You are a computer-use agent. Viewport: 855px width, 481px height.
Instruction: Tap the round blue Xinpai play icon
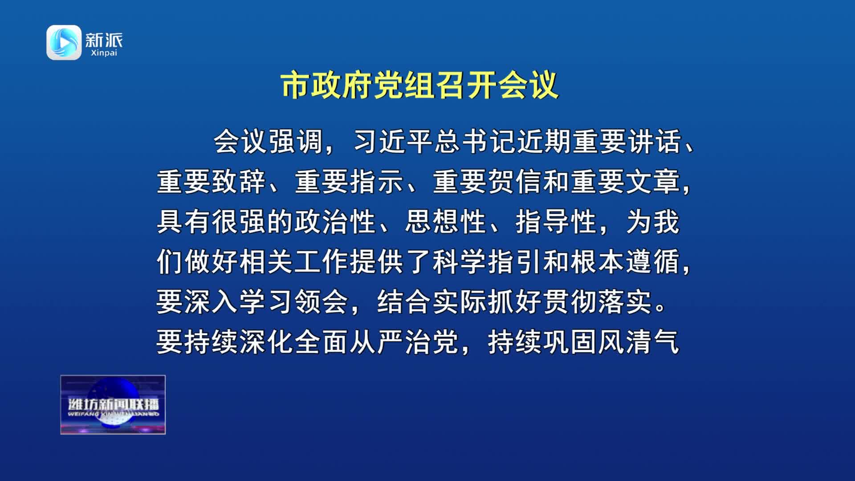click(64, 42)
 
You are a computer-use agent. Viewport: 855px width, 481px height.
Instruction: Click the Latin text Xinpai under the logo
click(104, 53)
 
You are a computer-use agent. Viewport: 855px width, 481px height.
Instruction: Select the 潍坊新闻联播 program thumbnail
click(113, 404)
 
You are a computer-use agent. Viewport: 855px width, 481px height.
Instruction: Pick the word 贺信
click(515, 182)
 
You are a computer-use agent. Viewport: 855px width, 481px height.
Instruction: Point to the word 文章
click(653, 182)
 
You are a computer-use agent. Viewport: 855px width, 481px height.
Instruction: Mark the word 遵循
click(653, 262)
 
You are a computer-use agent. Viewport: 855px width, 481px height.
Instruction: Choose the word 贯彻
click(570, 302)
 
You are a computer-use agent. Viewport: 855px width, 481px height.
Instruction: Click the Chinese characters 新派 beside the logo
click(104, 40)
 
